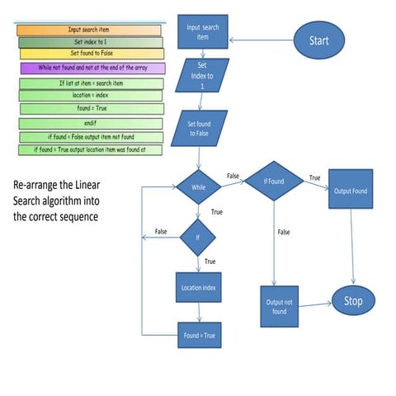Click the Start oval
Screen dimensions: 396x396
point(318,40)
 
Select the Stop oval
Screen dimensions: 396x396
point(352,301)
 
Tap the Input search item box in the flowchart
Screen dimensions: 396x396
point(204,32)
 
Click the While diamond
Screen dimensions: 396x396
point(198,186)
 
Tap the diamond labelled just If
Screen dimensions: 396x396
point(198,237)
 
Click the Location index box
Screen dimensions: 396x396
point(199,288)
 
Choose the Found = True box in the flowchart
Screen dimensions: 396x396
point(199,336)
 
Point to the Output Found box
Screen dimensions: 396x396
point(351,191)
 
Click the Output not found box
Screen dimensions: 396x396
point(278,306)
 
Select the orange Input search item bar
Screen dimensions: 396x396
point(89,30)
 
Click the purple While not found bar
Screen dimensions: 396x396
point(92,68)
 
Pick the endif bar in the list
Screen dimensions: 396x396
point(92,123)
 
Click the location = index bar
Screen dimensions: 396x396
point(92,96)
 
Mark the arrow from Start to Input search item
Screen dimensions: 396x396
point(262,39)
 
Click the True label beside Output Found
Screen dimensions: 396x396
point(314,178)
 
